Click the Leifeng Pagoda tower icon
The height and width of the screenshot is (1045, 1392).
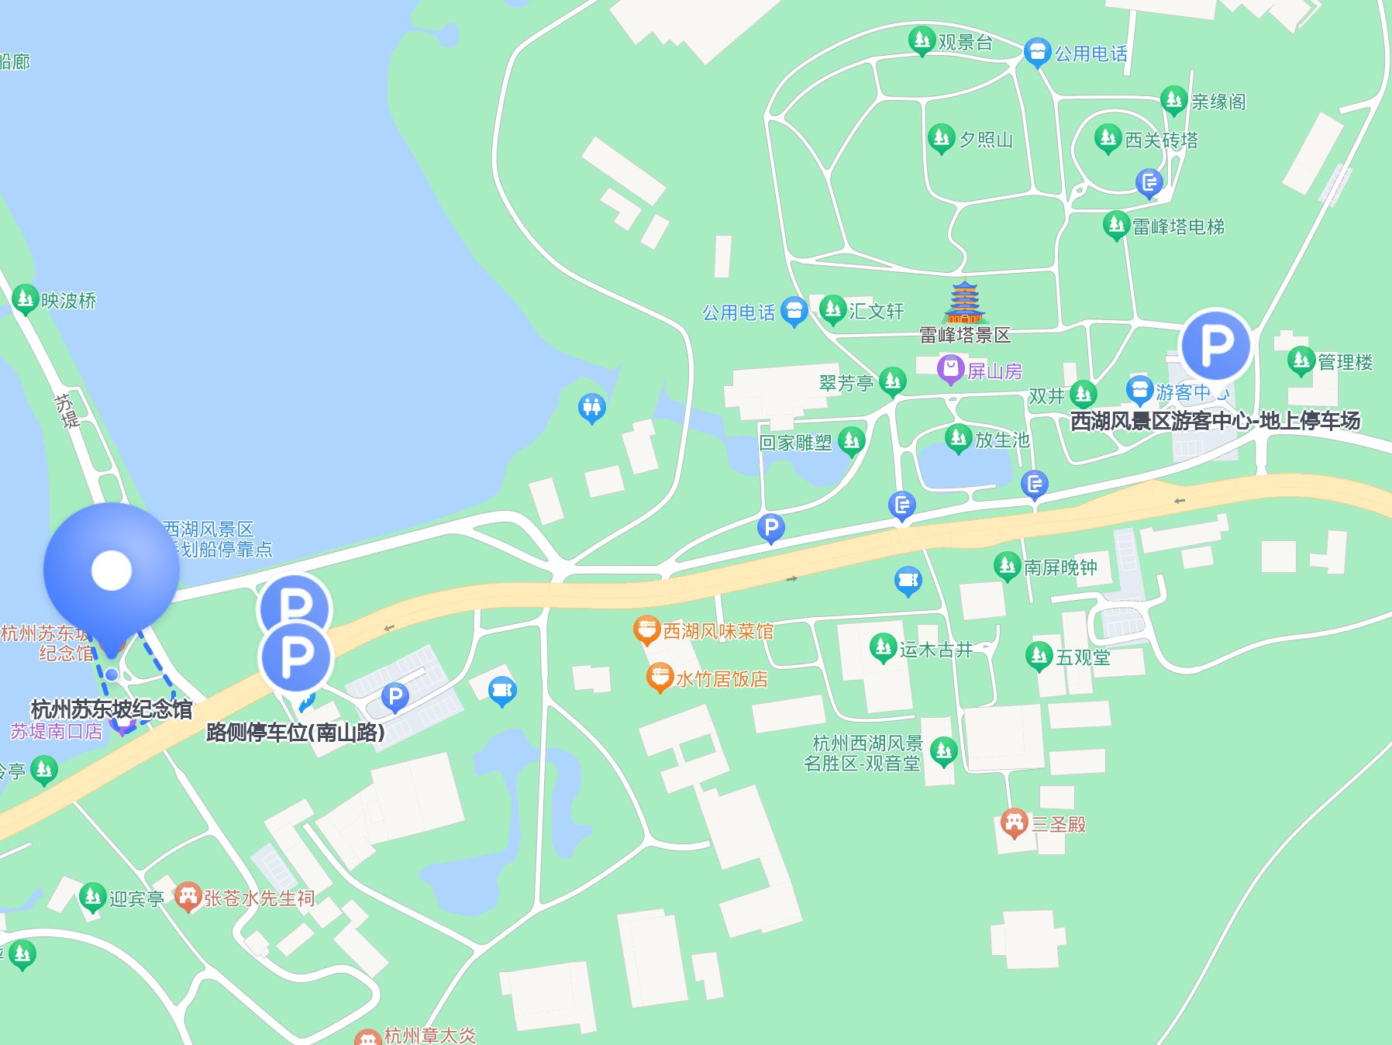pos(965,302)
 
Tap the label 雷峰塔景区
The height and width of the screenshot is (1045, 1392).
pos(965,335)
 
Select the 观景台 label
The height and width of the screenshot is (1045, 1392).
pos(965,43)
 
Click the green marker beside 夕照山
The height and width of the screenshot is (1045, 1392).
pos(941,139)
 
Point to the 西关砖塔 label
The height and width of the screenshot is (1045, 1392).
pos(1161,140)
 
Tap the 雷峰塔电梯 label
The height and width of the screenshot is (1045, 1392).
pos(1178,226)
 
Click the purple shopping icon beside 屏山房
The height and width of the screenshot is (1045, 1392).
pos(950,370)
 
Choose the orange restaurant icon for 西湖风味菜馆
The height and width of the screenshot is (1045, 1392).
pos(646,630)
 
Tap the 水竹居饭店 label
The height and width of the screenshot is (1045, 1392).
pos(722,679)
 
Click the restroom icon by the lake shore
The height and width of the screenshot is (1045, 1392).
pos(592,407)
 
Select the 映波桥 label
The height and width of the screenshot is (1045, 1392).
pos(68,301)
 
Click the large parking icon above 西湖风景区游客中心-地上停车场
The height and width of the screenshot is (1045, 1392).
pos(1215,346)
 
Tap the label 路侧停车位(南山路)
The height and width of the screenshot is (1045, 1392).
pos(295,732)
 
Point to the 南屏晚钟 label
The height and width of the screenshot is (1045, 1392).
pos(1060,567)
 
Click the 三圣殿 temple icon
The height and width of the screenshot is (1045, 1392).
pos(1014,823)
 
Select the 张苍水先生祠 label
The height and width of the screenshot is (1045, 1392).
pos(259,898)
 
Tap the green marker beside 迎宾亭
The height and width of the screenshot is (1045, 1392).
pos(92,897)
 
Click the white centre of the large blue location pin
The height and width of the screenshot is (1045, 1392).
pos(112,571)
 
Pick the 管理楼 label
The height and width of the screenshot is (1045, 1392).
pos(1345,362)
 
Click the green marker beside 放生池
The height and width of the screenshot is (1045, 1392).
pos(959,439)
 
